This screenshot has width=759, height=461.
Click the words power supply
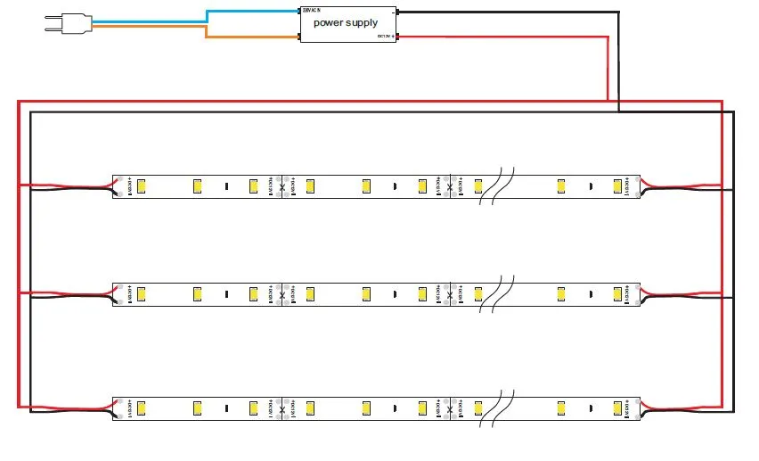[345, 22]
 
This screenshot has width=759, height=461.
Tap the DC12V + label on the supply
[386, 37]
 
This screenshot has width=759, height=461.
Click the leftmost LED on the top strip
[142, 185]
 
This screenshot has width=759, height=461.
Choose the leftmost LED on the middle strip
[142, 292]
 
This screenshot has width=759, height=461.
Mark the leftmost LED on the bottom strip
[142, 407]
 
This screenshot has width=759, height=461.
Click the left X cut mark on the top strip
[283, 186]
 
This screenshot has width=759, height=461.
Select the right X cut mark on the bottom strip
[449, 408]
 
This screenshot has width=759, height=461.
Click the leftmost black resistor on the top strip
[226, 186]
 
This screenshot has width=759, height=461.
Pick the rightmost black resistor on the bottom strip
[591, 408]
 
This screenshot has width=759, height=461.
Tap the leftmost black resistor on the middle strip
[226, 293]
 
